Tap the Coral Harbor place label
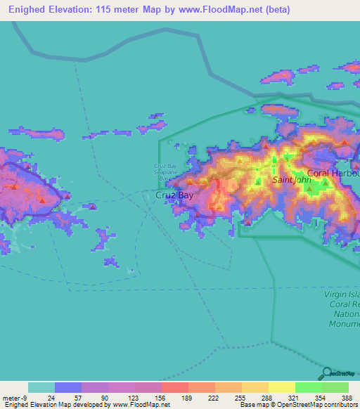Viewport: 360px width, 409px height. [x=333, y=172]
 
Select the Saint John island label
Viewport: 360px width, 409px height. [x=291, y=180]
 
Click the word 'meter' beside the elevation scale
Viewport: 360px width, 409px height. [x=10, y=397]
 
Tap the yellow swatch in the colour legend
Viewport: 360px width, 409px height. [x=281, y=387]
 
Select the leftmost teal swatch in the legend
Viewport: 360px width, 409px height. [x=41, y=387]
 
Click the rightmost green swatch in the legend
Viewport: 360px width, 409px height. [x=335, y=387]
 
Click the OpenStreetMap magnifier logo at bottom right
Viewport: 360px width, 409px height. [x=326, y=372]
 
